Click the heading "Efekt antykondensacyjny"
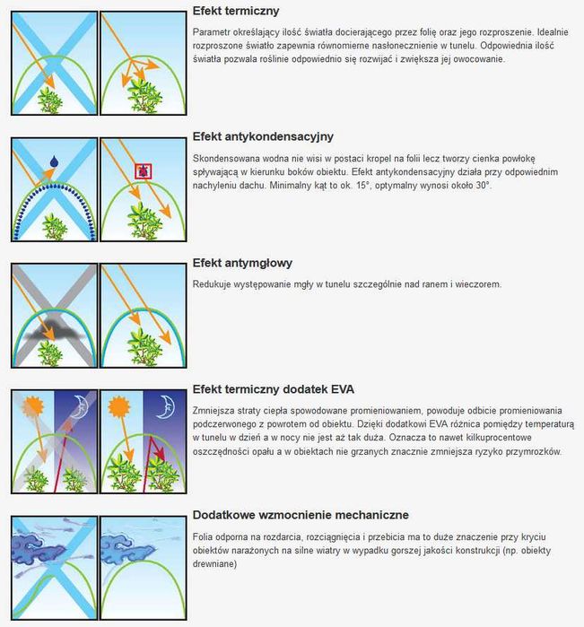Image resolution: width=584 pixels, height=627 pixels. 263,137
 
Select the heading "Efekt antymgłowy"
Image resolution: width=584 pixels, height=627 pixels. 242,264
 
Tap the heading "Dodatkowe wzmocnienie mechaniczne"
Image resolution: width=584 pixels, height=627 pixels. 301,515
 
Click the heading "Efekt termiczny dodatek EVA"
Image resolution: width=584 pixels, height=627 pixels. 274,389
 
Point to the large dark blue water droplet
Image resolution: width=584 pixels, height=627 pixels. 53,161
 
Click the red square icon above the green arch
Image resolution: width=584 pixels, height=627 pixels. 142,170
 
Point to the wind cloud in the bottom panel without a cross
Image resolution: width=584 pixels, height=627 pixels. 126,545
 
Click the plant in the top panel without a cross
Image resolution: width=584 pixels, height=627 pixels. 141,93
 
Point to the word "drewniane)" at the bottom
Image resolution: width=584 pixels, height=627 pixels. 215,564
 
